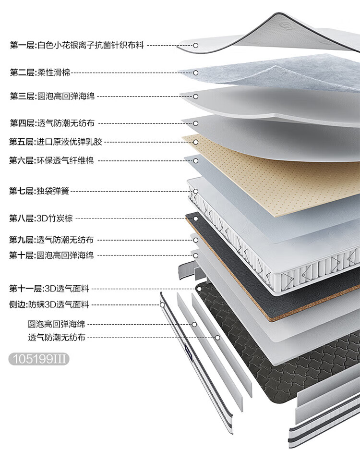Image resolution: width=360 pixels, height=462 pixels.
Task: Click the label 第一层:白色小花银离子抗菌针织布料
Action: coord(77,45)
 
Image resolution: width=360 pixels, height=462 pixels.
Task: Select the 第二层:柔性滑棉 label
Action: coord(40,73)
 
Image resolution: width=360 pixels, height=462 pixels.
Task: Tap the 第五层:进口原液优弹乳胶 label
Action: coord(56,142)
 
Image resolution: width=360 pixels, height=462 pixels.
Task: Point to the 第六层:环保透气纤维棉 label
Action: coord(51,160)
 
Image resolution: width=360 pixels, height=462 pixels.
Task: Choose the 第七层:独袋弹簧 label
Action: coord(39,191)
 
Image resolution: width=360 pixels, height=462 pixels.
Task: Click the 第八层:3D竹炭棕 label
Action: coord(41,219)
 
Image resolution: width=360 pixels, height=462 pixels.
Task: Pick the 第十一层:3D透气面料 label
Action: coord(49,289)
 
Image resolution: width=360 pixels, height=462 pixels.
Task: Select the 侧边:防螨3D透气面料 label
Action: coord(49,304)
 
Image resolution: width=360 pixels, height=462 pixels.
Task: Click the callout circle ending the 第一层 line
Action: coord(196,45)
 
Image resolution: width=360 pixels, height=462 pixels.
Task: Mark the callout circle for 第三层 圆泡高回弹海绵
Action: coord(196,96)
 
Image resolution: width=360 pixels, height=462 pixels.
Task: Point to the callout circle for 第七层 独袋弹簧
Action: coord(196,191)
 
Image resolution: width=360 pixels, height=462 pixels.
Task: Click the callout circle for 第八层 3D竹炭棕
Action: coord(196,219)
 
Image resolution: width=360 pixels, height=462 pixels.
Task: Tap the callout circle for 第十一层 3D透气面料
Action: coord(199,289)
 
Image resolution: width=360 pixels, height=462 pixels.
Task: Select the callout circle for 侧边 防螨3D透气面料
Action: coord(163,304)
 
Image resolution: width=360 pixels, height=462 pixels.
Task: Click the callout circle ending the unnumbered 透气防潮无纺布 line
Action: coord(217,338)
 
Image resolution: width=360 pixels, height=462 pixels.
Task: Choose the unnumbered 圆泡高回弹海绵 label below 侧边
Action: coord(57,324)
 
